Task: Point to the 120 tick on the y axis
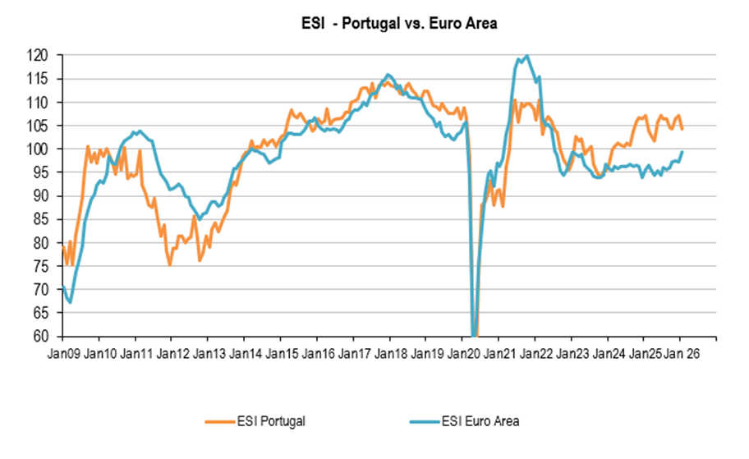38,56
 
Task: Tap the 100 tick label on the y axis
38,149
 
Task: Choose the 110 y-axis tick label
38,103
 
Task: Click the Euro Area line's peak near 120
526,56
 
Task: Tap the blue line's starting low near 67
71,302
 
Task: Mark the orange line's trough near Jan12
170,264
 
